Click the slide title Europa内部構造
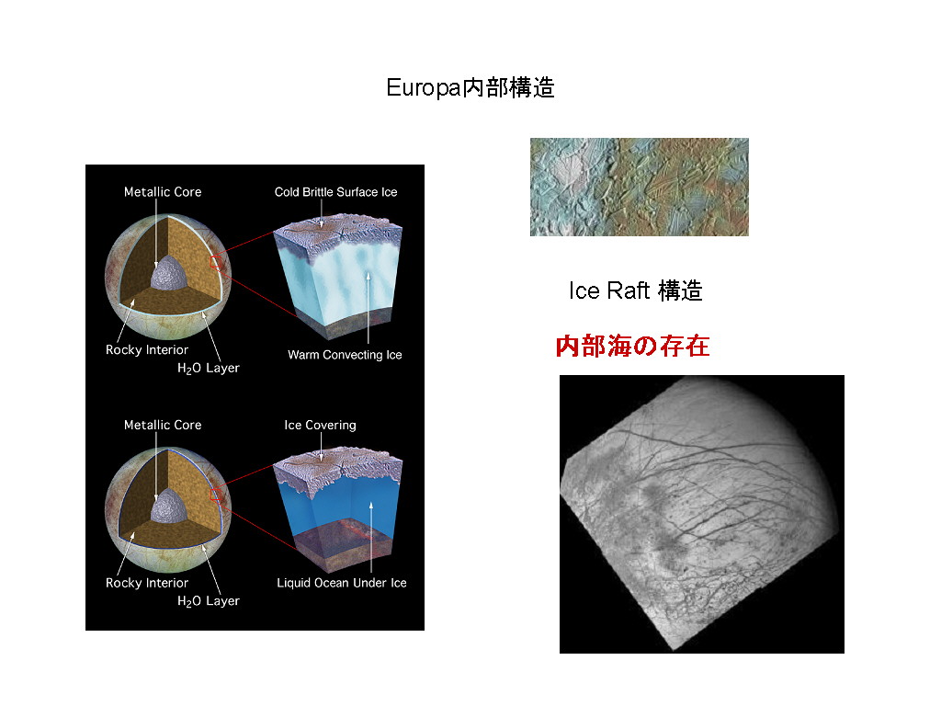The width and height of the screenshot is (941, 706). [x=470, y=87]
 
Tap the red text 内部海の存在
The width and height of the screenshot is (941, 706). [x=632, y=347]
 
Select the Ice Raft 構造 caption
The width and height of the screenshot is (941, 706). [x=636, y=290]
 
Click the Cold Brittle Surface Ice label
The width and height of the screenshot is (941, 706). [x=335, y=192]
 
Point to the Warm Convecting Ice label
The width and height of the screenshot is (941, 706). [x=345, y=355]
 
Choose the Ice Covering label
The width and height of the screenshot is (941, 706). [x=320, y=425]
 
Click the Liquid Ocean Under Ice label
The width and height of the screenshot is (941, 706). [x=342, y=583]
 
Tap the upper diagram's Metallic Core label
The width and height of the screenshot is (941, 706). [x=163, y=192]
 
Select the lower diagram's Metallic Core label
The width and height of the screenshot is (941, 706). [x=163, y=425]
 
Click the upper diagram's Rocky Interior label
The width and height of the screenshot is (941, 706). [x=147, y=350]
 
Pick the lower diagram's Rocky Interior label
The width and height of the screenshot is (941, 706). [x=147, y=583]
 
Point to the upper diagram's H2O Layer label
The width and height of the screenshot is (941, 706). [x=209, y=368]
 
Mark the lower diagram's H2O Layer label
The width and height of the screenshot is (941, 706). [x=209, y=601]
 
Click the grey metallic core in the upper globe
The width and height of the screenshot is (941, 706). [x=166, y=273]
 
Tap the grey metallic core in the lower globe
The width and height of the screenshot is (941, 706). [x=166, y=506]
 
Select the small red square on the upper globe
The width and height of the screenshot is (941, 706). [x=216, y=263]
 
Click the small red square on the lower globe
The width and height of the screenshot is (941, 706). [x=216, y=495]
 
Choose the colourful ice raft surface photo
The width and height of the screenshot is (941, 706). [x=640, y=187]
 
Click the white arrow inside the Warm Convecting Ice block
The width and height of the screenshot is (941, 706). [x=368, y=307]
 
